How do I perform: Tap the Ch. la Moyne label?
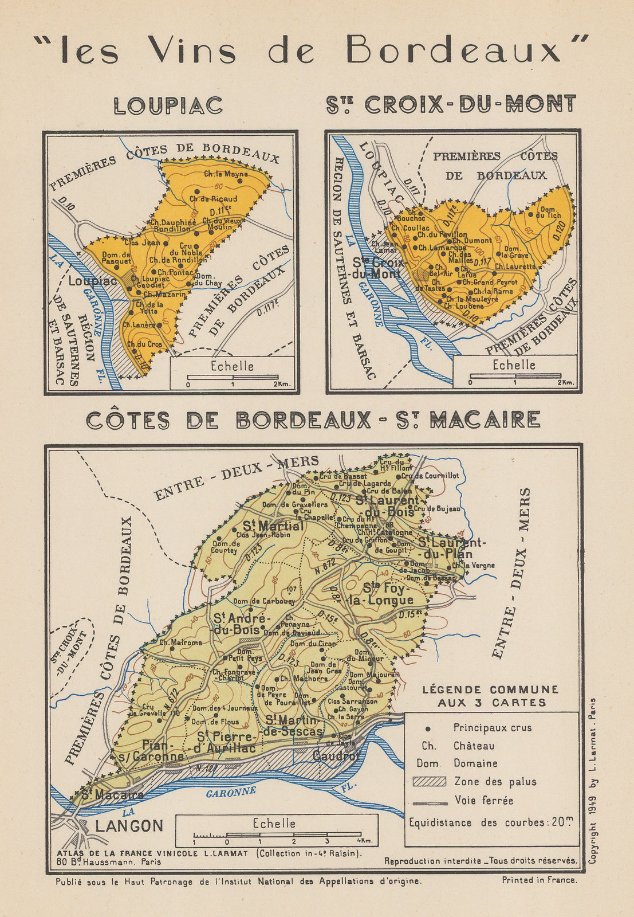[226, 174]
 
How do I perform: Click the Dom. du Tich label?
[550, 212]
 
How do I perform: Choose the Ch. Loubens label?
[464, 306]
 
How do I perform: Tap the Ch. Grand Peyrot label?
[490, 281]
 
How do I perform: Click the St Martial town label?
[273, 526]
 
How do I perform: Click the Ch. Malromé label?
[180, 642]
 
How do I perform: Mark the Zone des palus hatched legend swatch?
[429, 782]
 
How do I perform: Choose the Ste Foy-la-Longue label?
[388, 594]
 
